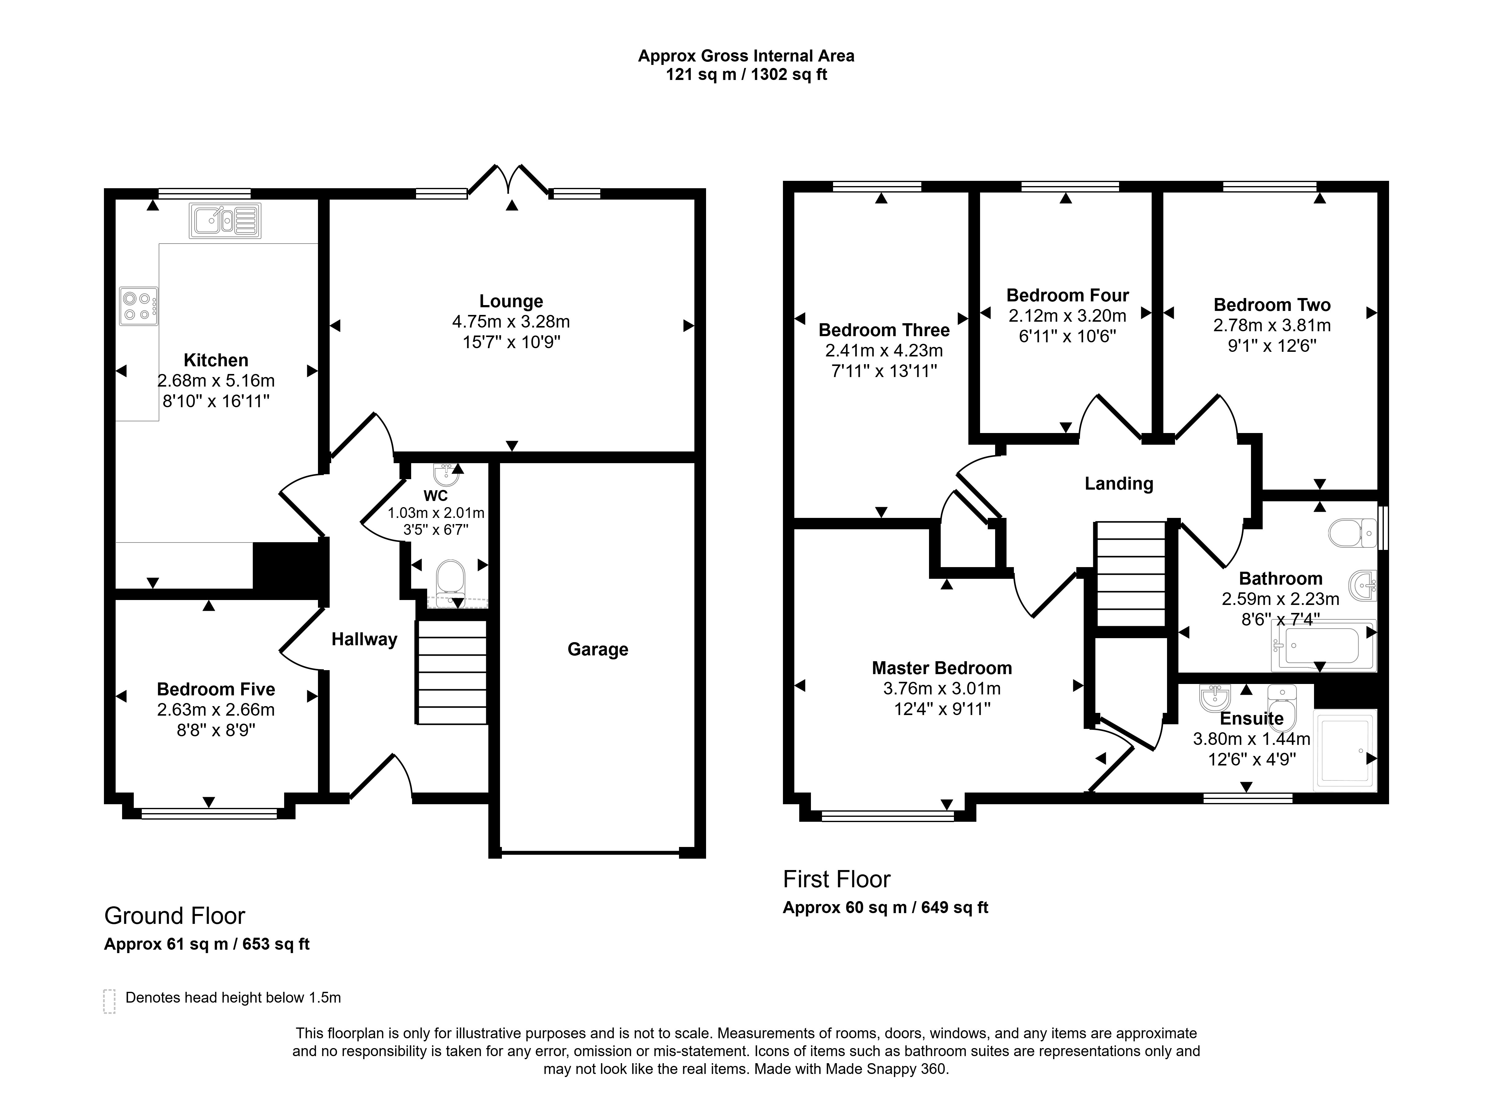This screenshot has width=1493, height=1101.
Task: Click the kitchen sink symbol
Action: (x=225, y=221)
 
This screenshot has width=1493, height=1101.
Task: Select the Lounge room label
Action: (x=511, y=301)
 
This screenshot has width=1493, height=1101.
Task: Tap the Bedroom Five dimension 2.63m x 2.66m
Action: (x=216, y=710)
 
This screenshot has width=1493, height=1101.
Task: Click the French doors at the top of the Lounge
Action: (x=509, y=180)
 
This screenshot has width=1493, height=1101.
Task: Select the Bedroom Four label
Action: (x=1067, y=295)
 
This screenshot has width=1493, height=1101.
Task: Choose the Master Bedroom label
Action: (x=941, y=668)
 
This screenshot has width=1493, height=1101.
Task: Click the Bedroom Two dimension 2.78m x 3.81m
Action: (x=1272, y=325)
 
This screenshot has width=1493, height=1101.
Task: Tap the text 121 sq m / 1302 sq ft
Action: (x=746, y=75)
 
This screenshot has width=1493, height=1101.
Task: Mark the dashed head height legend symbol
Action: (x=109, y=1001)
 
